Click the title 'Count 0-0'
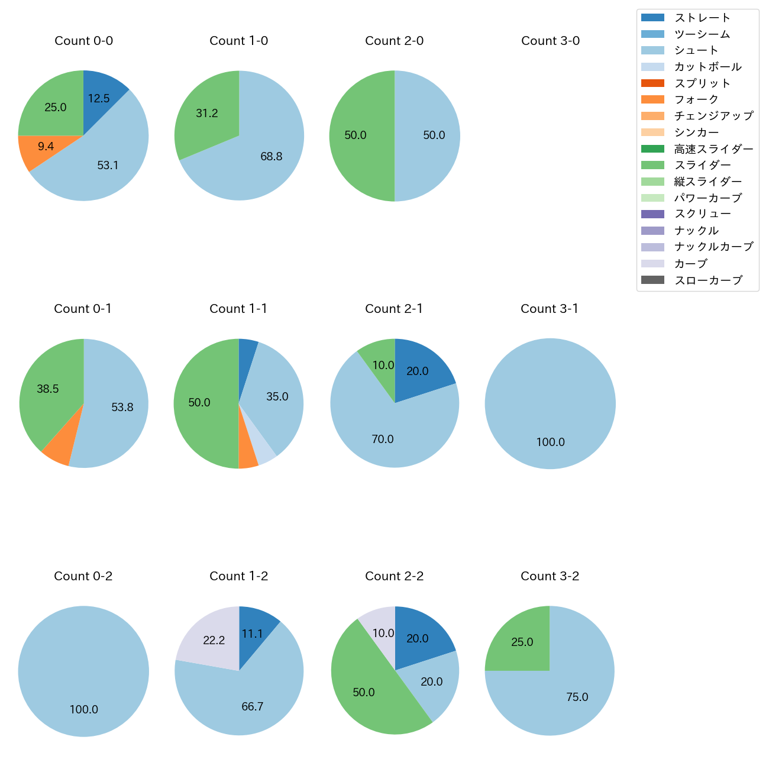coord(83,41)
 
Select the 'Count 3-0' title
coord(550,41)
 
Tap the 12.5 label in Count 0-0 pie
coord(99,99)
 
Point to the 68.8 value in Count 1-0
coord(271,157)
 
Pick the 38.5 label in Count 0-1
coord(48,389)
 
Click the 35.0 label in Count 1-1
coord(277,397)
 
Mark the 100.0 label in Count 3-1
coord(550,442)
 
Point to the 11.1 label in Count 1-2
coord(252,634)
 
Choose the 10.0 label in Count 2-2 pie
coord(383,633)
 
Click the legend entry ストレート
coord(702,18)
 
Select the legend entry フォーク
coord(696,99)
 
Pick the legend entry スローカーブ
coord(708,280)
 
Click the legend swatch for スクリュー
coord(652,214)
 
